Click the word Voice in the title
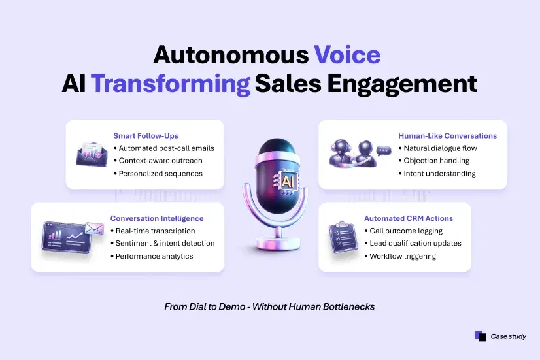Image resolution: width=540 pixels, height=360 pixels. [347, 55]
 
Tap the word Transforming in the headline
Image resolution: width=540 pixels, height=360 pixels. [171, 84]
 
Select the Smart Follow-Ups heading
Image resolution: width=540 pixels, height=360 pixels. [146, 136]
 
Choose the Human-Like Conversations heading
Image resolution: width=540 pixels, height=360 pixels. [447, 136]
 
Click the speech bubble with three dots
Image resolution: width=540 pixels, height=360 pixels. [384, 151]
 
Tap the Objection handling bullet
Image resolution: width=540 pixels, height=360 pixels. [434, 161]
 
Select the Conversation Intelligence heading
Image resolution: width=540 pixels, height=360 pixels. [157, 218]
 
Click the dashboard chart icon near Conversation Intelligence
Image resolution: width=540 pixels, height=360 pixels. [67, 237]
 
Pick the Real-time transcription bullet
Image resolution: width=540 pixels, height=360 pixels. [153, 231]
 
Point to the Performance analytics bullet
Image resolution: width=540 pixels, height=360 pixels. [152, 256]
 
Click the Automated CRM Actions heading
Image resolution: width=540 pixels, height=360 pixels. [409, 218]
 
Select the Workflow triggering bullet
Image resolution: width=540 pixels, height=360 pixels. [400, 256]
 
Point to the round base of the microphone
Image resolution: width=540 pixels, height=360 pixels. [278, 242]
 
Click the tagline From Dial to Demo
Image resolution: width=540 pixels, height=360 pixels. [269, 306]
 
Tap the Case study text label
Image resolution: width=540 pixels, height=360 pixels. [509, 336]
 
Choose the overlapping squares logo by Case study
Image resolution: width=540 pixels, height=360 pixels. [481, 336]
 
